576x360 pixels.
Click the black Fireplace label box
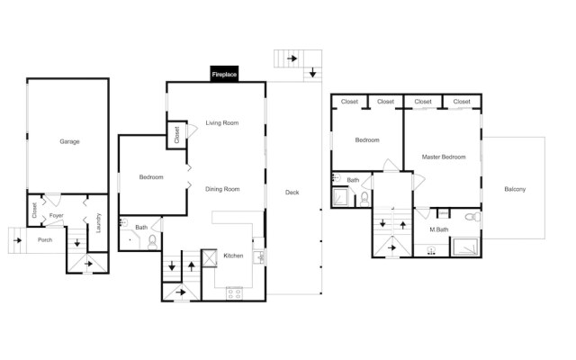(224, 74)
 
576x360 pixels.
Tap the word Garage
(69, 141)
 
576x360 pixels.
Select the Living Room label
(222, 122)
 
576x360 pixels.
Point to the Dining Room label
(222, 189)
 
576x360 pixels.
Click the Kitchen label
(233, 256)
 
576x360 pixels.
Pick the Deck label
(292, 192)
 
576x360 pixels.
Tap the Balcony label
(515, 189)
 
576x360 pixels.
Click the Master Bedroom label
(444, 157)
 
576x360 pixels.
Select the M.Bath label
(439, 229)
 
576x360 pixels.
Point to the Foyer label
(56, 216)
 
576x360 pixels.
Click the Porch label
(45, 240)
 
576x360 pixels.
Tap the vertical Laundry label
(98, 222)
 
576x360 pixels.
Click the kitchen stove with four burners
(234, 293)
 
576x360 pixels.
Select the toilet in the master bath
(472, 217)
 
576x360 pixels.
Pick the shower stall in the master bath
(465, 247)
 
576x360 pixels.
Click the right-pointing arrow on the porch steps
(17, 240)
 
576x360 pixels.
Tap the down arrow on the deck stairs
(312, 72)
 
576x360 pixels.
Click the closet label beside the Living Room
(176, 135)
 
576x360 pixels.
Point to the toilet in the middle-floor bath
(152, 242)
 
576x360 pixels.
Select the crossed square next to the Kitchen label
(210, 258)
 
